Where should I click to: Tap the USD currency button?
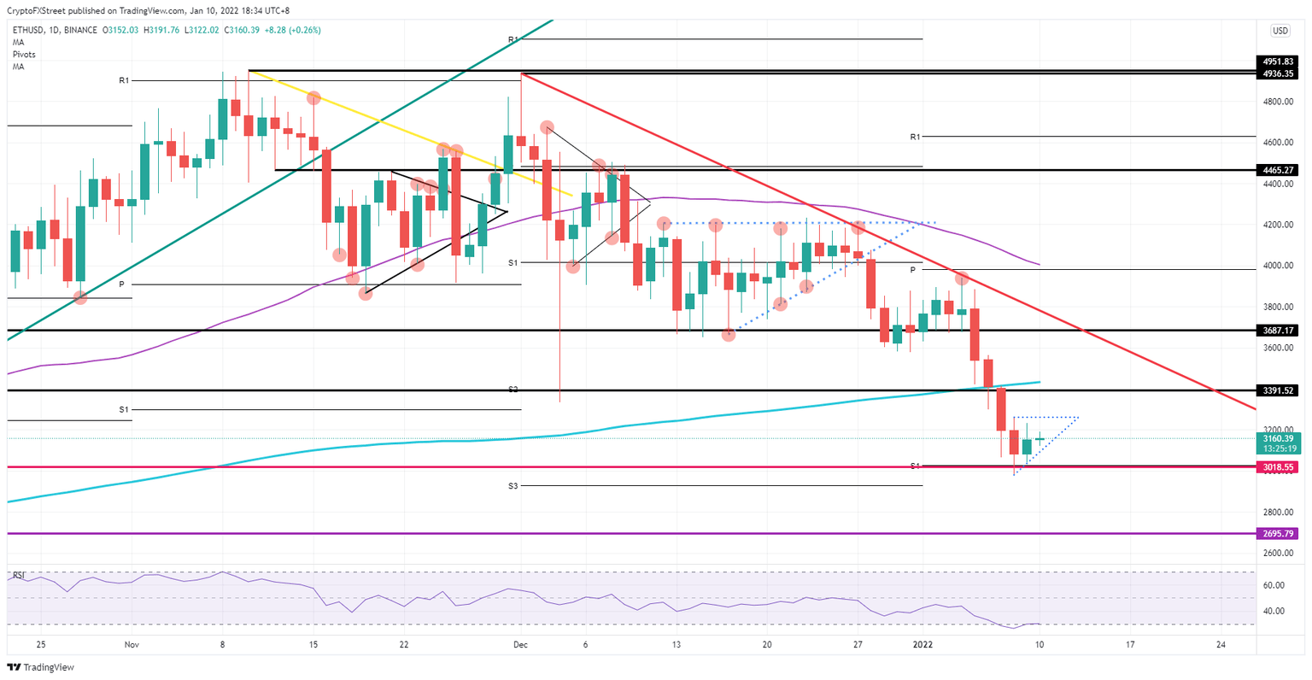(x=1280, y=31)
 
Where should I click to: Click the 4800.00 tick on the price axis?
(x=1279, y=102)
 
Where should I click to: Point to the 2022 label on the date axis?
(x=922, y=645)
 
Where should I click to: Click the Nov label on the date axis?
(x=131, y=645)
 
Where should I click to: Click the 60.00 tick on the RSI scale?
(x=1274, y=585)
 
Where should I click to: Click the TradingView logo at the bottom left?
(x=41, y=667)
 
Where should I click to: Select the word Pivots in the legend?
(x=24, y=54)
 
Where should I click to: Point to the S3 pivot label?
(x=512, y=485)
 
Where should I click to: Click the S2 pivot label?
(x=512, y=390)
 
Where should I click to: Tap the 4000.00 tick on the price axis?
(x=1279, y=266)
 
